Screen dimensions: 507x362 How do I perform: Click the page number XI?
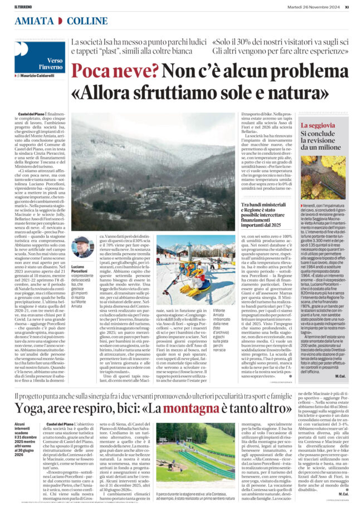coord(346,7)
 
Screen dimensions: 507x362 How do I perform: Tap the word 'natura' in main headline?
coord(292,90)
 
